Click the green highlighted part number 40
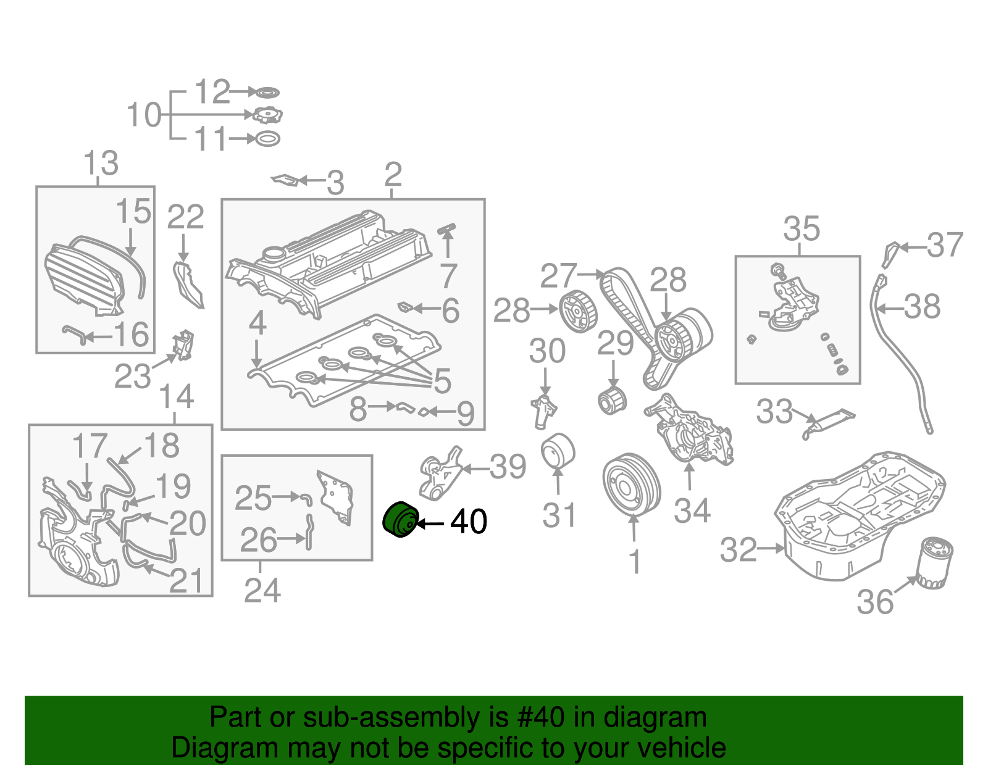point(401,520)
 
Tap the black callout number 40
point(469,522)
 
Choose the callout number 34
point(692,511)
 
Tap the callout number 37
point(944,245)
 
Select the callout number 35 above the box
point(802,229)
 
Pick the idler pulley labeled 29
point(612,401)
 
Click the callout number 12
point(212,93)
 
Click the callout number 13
point(101,164)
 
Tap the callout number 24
point(262,591)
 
